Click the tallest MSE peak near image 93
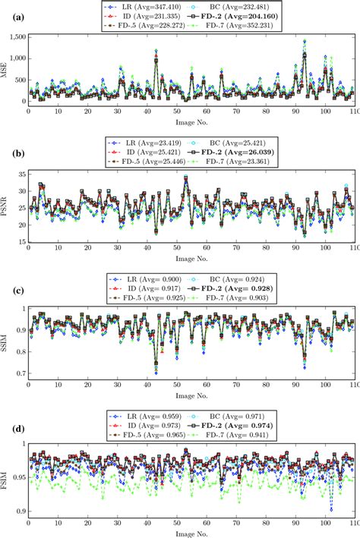coord(305,41)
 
